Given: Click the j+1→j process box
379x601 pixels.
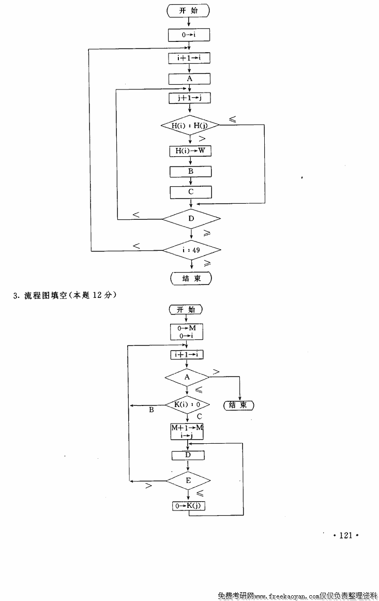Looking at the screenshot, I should [190, 98].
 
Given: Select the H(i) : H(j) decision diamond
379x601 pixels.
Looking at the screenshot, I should [190, 125].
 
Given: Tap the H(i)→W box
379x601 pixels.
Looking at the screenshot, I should [190, 151].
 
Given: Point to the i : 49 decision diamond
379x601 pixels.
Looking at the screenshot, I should [192, 250].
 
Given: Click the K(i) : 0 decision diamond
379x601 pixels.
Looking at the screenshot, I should [187, 404].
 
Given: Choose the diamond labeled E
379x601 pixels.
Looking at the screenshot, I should [188, 480].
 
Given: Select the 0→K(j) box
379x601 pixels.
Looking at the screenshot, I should [189, 506].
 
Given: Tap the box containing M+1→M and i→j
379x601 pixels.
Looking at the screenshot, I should [187, 431].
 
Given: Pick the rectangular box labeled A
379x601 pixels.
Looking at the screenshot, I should [190, 79].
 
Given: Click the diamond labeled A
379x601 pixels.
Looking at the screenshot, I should [187, 378].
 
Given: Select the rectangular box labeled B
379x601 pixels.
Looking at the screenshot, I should [191, 171].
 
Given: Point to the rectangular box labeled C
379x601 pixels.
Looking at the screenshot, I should [191, 192].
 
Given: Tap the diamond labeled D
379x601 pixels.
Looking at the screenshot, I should [191, 219].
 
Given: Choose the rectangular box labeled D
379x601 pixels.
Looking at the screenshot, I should [188, 455].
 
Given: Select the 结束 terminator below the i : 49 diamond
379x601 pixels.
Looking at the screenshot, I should [191, 278].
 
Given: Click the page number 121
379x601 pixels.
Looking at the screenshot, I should [345, 535].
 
